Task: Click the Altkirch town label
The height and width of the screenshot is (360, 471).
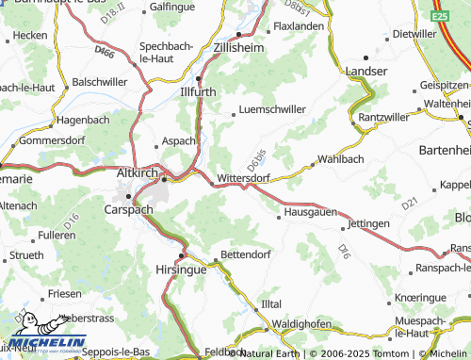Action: pyautogui.click(x=135, y=174)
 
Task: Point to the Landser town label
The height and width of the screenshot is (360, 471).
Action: pyautogui.click(x=366, y=71)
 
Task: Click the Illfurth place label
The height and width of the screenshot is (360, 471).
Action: pyautogui.click(x=199, y=92)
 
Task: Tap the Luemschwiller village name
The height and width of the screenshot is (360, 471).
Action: pyautogui.click(x=274, y=109)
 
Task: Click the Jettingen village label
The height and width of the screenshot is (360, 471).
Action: pyautogui.click(x=368, y=224)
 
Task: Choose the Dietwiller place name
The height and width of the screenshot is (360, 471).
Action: pyautogui.click(x=415, y=33)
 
